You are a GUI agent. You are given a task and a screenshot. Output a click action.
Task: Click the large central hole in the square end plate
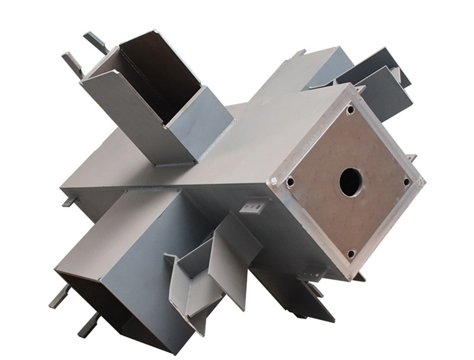click(x=351, y=182)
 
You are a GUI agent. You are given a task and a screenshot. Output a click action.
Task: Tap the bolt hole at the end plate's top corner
click(x=350, y=110)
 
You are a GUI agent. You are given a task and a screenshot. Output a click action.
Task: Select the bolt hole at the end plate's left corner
click(x=290, y=182)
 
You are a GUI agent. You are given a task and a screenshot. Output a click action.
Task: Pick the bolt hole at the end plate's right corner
click(x=406, y=182)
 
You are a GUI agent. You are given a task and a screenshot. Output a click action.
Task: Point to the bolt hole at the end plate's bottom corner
click(x=351, y=254)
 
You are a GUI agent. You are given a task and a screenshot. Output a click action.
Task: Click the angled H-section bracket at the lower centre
click(x=211, y=264)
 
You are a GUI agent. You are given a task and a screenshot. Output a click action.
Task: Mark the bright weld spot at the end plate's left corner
click(x=273, y=182)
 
